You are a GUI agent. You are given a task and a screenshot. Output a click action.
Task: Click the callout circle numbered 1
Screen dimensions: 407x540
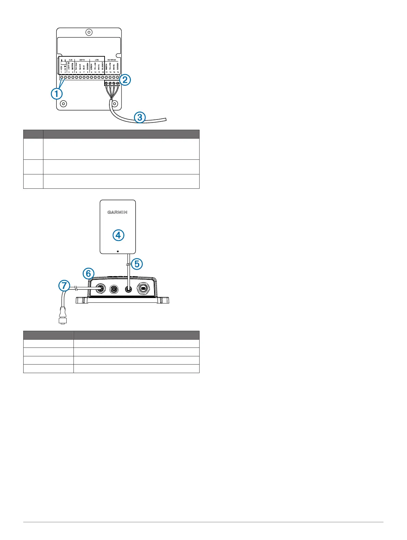click(x=57, y=94)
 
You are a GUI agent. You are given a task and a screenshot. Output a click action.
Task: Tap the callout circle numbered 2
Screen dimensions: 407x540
click(x=125, y=80)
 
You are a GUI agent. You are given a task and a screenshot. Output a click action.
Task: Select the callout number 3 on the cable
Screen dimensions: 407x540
click(x=139, y=117)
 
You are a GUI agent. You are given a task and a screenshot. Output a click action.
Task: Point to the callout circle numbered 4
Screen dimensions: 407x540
click(x=118, y=235)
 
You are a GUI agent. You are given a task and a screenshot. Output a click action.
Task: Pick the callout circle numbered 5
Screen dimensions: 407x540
click(x=137, y=264)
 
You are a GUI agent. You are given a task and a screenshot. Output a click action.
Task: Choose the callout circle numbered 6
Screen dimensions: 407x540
click(x=88, y=273)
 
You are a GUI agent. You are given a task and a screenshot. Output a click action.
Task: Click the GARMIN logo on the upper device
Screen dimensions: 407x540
click(x=118, y=212)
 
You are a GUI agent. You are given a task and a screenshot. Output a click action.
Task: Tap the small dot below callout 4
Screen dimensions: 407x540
click(x=118, y=251)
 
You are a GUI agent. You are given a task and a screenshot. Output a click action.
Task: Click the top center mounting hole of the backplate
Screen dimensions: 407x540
click(x=89, y=33)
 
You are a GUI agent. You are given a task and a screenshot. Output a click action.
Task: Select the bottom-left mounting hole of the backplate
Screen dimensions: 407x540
click(x=63, y=103)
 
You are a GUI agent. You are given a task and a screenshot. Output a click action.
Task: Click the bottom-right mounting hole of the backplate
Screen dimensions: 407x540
click(x=115, y=103)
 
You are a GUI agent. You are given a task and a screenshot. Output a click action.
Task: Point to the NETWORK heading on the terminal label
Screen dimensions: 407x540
click(x=112, y=60)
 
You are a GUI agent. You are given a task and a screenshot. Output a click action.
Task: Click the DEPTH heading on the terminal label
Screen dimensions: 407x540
click(x=82, y=60)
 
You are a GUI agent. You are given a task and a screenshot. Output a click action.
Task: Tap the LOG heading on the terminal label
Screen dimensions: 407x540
click(x=97, y=60)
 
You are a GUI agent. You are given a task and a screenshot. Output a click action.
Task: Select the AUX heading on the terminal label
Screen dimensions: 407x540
click(x=70, y=60)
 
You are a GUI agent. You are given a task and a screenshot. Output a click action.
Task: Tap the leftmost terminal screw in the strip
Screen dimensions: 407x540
click(x=62, y=78)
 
